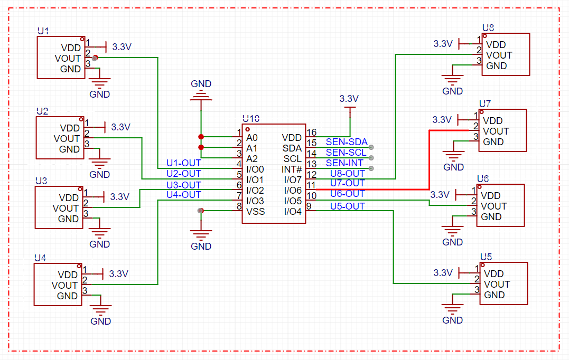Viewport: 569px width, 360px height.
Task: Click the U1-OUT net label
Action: click(x=184, y=163)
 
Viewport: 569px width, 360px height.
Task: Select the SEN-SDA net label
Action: click(x=347, y=142)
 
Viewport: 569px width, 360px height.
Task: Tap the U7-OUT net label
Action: click(x=347, y=183)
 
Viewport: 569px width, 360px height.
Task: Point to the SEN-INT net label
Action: click(x=344, y=163)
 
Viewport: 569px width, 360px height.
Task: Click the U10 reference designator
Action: click(x=251, y=119)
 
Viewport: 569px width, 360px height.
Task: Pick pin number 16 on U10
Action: click(x=311, y=132)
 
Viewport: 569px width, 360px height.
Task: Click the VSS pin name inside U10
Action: click(x=256, y=211)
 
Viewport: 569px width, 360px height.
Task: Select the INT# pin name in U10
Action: click(x=292, y=169)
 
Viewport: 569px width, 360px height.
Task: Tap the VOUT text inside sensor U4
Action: click(x=64, y=286)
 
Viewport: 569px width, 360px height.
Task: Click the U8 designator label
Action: click(x=488, y=28)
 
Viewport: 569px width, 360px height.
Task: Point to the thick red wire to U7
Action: click(x=430, y=159)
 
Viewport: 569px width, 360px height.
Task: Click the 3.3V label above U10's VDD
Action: click(x=349, y=98)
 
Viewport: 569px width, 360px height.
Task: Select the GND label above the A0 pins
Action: click(x=201, y=84)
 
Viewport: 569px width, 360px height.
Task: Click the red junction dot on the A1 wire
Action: click(x=201, y=147)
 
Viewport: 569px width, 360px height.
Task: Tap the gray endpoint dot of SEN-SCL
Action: click(x=371, y=158)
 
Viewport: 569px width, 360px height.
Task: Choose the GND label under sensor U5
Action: click(x=452, y=320)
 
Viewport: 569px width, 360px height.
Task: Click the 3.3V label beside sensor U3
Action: click(x=120, y=197)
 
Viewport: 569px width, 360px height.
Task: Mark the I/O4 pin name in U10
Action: click(x=293, y=211)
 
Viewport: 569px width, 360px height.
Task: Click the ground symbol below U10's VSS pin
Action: click(x=201, y=234)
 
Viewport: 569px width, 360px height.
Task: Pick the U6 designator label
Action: click(x=483, y=179)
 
